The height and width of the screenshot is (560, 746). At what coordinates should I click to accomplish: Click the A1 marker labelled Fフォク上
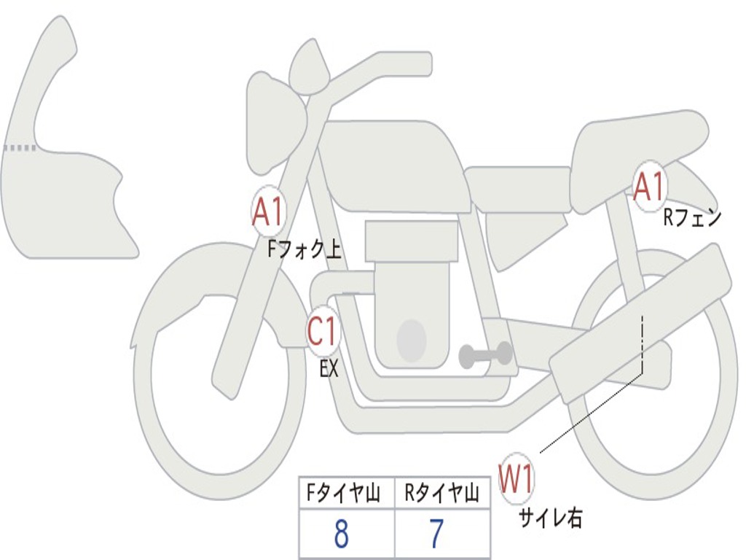(268, 212)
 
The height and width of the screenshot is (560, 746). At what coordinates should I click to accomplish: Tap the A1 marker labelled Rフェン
(649, 187)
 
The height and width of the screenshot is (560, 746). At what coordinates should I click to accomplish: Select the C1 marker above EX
(323, 332)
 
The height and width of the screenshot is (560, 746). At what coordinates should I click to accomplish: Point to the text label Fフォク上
(304, 251)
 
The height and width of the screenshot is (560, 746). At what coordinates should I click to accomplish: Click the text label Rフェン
(691, 217)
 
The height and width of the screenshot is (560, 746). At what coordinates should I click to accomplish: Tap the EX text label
(329, 369)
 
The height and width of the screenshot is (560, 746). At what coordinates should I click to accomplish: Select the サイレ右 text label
(550, 518)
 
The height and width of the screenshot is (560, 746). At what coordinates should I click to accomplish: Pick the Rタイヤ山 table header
(441, 495)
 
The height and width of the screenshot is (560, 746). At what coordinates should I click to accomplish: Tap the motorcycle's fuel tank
(393, 164)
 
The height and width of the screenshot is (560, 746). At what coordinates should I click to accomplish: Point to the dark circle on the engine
(411, 339)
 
